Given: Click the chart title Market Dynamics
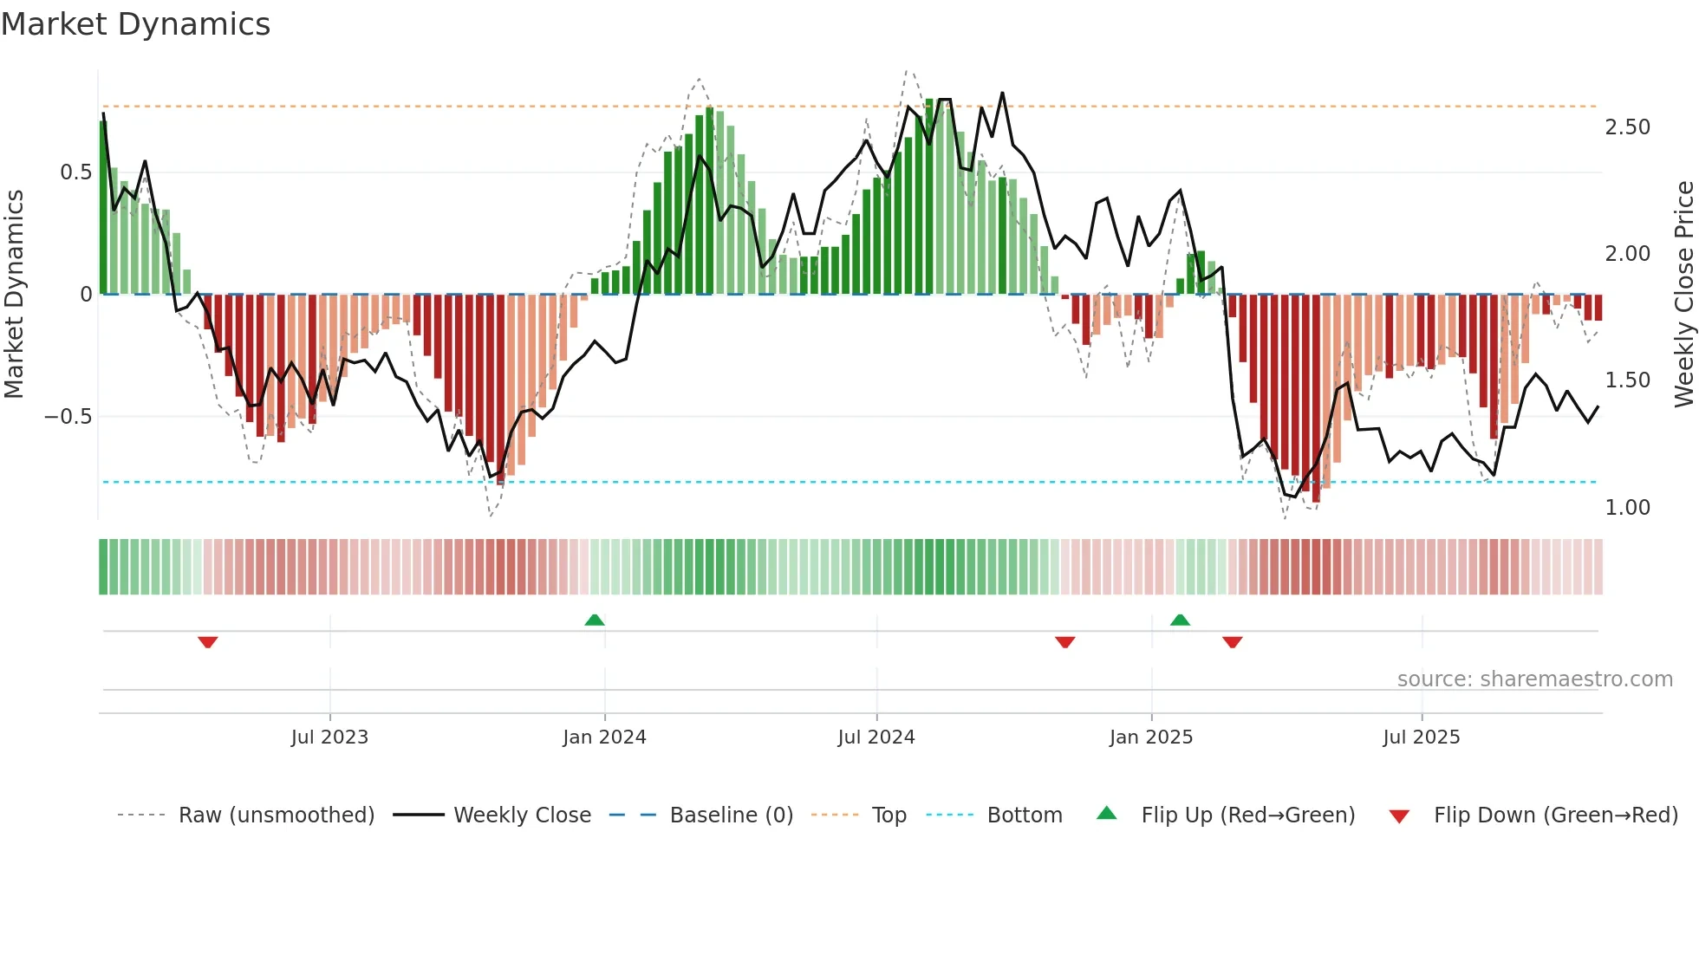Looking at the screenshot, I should point(136,24).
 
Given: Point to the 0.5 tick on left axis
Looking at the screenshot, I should point(75,172).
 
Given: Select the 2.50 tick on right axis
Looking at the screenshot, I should point(1627,127).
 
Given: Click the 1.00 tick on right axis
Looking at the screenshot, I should point(1627,508).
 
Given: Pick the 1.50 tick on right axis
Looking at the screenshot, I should point(1627,380).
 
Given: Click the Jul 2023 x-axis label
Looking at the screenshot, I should point(329,737).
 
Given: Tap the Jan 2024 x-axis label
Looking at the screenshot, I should point(604,737).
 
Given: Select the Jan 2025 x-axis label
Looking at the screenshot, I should point(1151,737).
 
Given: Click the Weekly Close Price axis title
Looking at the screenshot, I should point(1683,295).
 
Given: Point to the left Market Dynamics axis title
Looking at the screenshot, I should point(14,295).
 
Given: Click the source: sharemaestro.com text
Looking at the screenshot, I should point(1534,679).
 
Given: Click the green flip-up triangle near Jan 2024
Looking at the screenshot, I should point(595,620).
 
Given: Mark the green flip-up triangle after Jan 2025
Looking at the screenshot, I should point(1180,620).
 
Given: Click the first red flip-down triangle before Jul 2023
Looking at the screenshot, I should point(207,642).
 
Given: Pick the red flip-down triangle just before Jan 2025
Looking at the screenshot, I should point(1065,642).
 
